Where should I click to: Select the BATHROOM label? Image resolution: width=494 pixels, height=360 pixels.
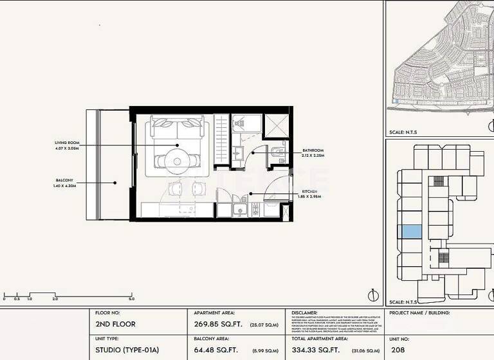click(x=313, y=150)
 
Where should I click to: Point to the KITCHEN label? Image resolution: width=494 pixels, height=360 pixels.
click(x=311, y=191)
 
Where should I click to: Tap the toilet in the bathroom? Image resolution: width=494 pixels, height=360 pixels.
click(x=275, y=152)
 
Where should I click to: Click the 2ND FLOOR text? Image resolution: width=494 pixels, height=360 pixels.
click(x=115, y=324)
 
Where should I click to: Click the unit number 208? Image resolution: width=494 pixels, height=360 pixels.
click(x=399, y=351)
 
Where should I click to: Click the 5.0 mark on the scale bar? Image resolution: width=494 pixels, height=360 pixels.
click(x=131, y=299)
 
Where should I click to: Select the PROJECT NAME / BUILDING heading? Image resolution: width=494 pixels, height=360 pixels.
click(x=419, y=313)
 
